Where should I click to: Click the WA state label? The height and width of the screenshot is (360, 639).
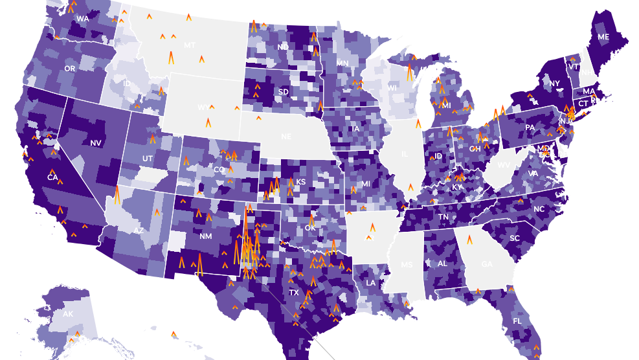point(83,19)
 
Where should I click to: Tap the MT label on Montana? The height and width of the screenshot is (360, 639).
point(190,45)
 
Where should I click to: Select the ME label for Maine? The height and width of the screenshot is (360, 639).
point(603,37)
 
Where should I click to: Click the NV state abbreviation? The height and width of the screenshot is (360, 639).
point(96,142)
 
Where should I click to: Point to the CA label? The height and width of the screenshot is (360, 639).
point(52,177)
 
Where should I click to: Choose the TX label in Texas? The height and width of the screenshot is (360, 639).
point(294,293)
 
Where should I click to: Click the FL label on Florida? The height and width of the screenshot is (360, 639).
point(517,321)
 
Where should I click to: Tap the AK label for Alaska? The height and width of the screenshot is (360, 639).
point(68,314)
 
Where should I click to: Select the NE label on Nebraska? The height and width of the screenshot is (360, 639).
point(286,137)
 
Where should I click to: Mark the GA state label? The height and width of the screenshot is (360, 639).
point(487,264)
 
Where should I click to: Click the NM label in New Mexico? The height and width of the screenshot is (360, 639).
point(206,236)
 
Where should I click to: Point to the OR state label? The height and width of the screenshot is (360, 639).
point(70,68)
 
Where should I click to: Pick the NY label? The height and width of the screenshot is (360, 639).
point(554,84)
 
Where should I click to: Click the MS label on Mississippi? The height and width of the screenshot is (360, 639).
point(407,265)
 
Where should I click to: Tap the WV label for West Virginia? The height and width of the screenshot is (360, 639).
point(503,165)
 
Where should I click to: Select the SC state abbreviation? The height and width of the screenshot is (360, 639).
point(515,238)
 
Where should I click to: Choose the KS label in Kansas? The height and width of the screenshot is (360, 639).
point(300,182)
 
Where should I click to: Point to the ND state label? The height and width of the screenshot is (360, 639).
point(283,47)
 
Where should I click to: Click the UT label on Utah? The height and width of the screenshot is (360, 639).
point(147,159)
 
